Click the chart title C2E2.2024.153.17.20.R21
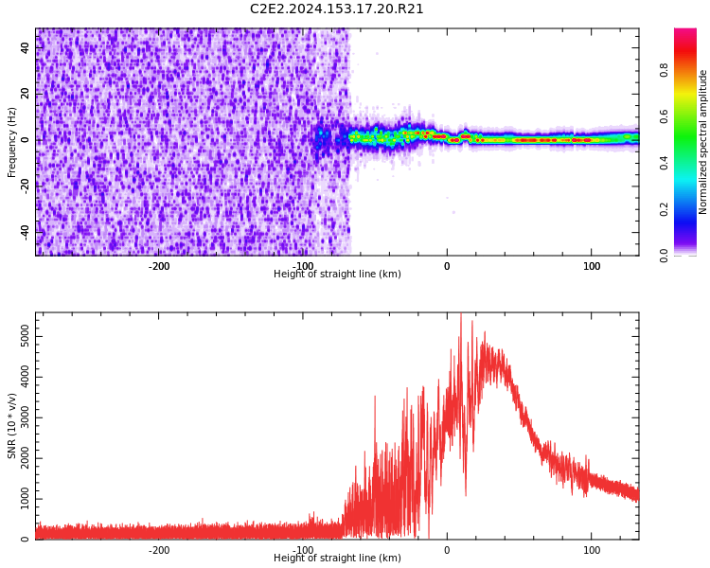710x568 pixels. pyautogui.click(x=337, y=9)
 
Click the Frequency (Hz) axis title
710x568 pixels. pyautogui.click(x=12, y=142)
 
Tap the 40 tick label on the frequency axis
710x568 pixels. pyautogui.click(x=26, y=48)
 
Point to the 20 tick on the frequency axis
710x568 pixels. pyautogui.click(x=26, y=95)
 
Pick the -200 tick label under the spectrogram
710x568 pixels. pyautogui.click(x=159, y=266)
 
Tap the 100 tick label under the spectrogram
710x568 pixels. pyautogui.click(x=592, y=266)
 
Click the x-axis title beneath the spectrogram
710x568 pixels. pyautogui.click(x=337, y=275)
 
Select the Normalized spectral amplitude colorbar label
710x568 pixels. pyautogui.click(x=703, y=142)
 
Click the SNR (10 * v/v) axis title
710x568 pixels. pyautogui.click(x=12, y=426)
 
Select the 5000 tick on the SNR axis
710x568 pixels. pyautogui.click(x=19, y=336)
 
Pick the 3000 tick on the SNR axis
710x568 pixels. pyautogui.click(x=19, y=417)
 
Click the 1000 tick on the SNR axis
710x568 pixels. pyautogui.click(x=19, y=499)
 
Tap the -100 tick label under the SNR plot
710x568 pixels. pyautogui.click(x=304, y=550)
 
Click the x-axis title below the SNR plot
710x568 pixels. pyautogui.click(x=337, y=559)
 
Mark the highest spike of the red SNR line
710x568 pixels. pyautogui.click(x=461, y=315)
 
